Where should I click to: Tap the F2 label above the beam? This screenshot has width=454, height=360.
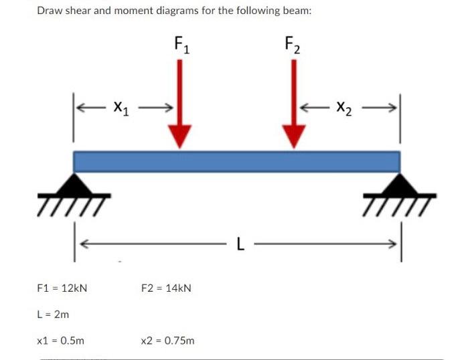(x=293, y=46)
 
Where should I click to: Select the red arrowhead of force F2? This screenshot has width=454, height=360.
(x=293, y=137)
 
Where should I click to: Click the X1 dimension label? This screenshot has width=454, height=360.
(x=122, y=106)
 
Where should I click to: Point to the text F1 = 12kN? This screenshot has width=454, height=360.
(x=62, y=288)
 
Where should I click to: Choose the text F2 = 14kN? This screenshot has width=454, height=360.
(x=166, y=288)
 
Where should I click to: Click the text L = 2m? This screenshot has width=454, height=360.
(x=53, y=314)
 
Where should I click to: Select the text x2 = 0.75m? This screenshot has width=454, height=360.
(x=168, y=340)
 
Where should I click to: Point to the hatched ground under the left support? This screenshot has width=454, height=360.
(x=79, y=199)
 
